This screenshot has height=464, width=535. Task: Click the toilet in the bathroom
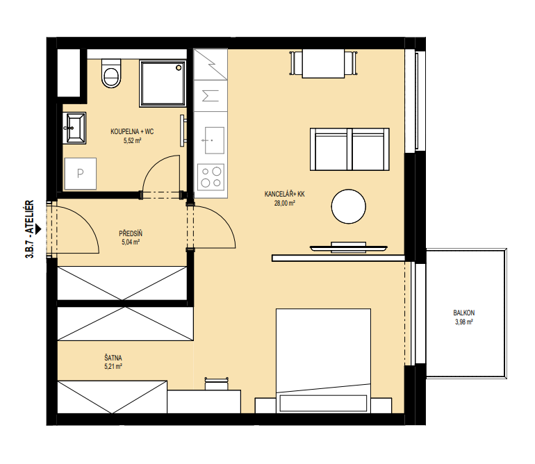(111, 73)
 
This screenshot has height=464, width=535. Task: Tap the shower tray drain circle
(179, 68)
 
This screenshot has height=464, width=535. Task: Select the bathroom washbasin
(75, 128)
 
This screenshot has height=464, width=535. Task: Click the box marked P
(80, 174)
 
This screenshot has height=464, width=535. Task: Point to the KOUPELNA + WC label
(132, 131)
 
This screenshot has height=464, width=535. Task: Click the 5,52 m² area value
(133, 140)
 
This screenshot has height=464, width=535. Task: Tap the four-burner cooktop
(211, 177)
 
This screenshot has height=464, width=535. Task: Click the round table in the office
(348, 206)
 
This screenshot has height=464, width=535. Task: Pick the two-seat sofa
(349, 149)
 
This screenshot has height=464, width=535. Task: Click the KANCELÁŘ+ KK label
(285, 194)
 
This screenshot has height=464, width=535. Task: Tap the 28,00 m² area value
(285, 204)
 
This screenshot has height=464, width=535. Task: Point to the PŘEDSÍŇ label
(131, 233)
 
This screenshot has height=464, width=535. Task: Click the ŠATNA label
(113, 358)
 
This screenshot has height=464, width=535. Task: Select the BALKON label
(463, 313)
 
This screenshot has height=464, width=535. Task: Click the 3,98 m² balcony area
(463, 322)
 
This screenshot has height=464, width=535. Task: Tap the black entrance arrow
(38, 229)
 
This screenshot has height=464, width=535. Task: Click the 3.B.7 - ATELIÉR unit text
(30, 229)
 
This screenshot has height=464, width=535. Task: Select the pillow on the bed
(323, 403)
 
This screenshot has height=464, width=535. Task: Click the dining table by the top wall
(323, 63)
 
